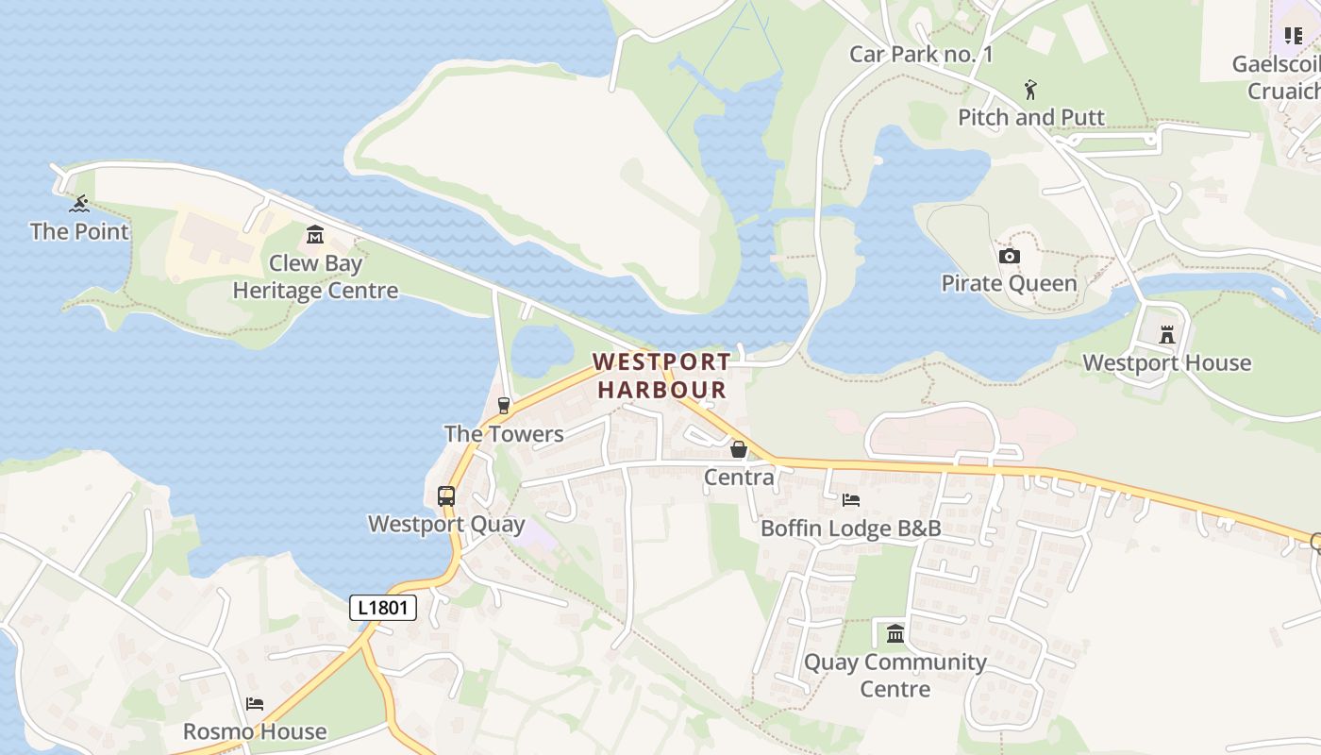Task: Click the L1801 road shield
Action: tap(383, 608)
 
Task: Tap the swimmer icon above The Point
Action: tap(79, 204)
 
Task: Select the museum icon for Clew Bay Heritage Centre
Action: tap(315, 235)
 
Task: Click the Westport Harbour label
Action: tap(661, 376)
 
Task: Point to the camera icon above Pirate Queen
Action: tap(1009, 257)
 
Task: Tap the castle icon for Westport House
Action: tap(1167, 335)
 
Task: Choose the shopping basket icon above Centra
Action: tap(739, 449)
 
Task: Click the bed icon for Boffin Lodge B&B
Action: tap(851, 500)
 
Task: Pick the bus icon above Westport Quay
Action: tap(446, 496)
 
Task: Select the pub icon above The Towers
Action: tap(504, 406)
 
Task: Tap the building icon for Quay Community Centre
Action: tap(895, 633)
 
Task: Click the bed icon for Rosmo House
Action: tap(255, 704)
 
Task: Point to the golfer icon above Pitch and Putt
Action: tap(1030, 91)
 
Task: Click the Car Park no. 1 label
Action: tap(921, 54)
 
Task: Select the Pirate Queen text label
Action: tap(1009, 283)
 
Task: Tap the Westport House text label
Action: tap(1166, 362)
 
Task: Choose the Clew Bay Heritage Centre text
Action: tap(315, 277)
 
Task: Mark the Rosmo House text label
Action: tap(255, 731)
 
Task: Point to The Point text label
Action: tap(79, 231)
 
